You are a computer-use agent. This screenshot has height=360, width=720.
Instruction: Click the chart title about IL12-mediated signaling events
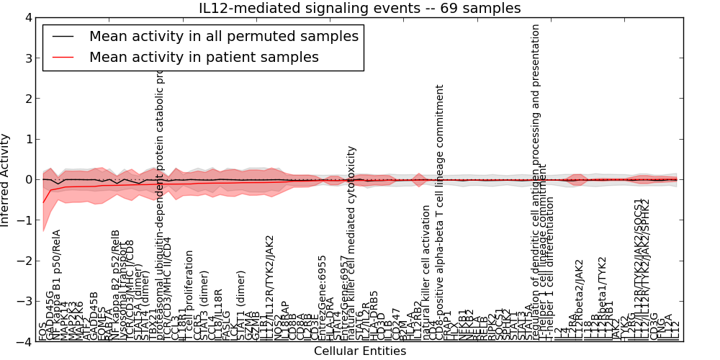360,8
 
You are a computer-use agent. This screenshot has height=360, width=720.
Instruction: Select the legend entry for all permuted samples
223,36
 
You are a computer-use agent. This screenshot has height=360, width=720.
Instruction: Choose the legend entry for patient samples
204,57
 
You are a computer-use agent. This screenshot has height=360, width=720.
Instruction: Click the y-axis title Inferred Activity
6,179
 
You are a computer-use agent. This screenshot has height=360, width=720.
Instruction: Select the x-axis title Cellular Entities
360,351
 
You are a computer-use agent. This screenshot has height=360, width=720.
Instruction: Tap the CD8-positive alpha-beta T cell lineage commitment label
440,212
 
